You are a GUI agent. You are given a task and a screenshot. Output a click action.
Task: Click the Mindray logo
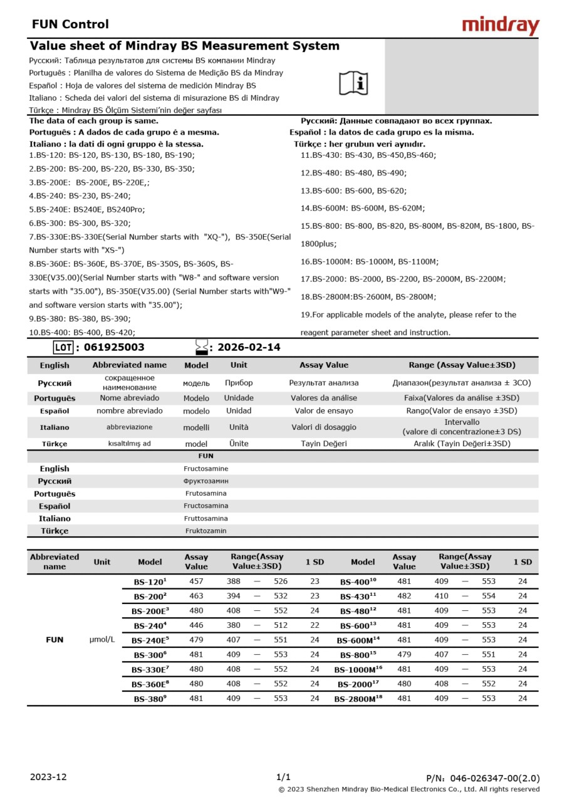pos(500,26)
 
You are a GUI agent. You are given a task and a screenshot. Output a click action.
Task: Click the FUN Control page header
pos(70,24)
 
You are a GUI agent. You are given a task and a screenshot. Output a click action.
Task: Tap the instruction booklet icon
pos(353,83)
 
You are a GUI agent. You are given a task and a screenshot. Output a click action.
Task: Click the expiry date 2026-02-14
pos(249,347)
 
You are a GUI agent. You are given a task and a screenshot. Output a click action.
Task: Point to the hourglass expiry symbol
pos(201,347)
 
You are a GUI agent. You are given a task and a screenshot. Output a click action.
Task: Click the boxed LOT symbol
pos(63,347)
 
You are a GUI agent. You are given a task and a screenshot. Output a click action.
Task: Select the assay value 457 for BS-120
pos(196,581)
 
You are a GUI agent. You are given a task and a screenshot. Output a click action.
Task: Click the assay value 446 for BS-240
pos(196,625)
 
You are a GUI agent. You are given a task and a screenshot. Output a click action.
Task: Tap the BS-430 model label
pos(358,596)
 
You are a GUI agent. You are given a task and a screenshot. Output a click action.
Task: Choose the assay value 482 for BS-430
pos(404,596)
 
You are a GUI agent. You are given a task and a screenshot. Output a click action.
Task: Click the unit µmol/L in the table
pos(102,640)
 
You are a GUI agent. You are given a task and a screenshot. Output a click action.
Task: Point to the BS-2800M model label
pos(358,699)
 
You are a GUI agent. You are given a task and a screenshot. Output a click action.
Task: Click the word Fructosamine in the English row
pos(205,469)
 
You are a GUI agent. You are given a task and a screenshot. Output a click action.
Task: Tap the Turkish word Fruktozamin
pos(205,531)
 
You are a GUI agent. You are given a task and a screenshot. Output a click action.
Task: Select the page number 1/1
pos(283,777)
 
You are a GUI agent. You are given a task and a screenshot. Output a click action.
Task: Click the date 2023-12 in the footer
pos(48,777)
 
